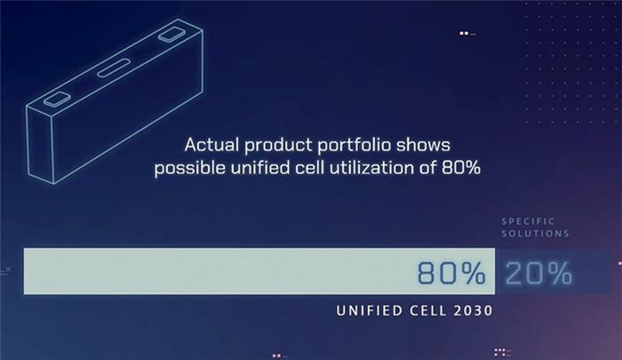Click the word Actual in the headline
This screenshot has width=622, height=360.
(211, 145)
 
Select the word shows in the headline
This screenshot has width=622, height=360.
(423, 145)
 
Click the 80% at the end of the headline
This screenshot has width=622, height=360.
(461, 168)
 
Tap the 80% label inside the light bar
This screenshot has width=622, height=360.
(451, 273)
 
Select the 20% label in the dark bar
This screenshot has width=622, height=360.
(538, 273)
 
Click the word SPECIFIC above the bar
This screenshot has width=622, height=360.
(528, 221)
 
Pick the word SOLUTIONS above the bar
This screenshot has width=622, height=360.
(535, 234)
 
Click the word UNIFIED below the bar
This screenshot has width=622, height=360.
(370, 310)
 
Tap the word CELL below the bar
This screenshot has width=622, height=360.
(428, 310)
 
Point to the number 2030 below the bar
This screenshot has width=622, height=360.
(473, 310)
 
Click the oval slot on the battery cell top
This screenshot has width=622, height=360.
(114, 68)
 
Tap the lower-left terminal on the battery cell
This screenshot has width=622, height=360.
(57, 99)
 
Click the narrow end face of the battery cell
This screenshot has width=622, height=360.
(40, 145)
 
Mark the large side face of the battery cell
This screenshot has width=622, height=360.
(128, 107)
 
